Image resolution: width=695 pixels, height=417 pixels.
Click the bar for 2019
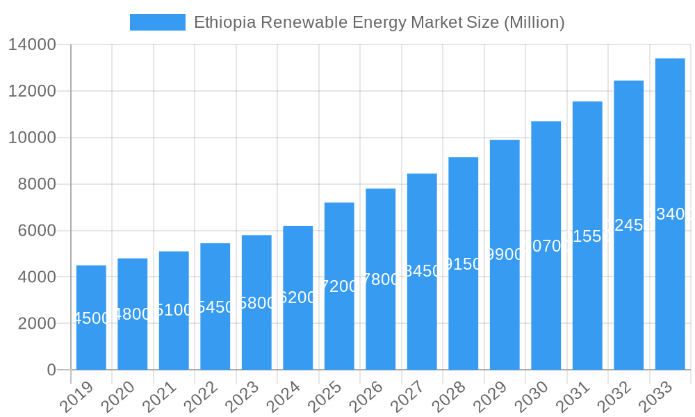91,318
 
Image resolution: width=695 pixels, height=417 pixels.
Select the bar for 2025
339,286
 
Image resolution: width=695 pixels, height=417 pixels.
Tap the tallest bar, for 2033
670,214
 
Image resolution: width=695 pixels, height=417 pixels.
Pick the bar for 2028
463,263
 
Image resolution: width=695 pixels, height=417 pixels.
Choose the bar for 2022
215,306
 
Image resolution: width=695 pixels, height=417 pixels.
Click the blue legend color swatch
158,22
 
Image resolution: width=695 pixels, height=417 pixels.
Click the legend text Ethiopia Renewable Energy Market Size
379,22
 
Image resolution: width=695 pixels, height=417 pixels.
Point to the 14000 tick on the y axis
32,45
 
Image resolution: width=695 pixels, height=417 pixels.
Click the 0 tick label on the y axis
51,370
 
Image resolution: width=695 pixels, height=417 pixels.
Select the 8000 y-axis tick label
36,184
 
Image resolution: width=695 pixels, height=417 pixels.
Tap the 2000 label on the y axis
36,323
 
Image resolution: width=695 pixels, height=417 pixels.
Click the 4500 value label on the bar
91,318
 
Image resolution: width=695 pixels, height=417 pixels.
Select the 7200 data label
339,286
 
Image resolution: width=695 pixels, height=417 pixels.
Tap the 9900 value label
505,255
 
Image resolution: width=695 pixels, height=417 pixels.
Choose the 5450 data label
215,307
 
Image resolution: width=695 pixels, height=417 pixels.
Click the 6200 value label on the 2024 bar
297,298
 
